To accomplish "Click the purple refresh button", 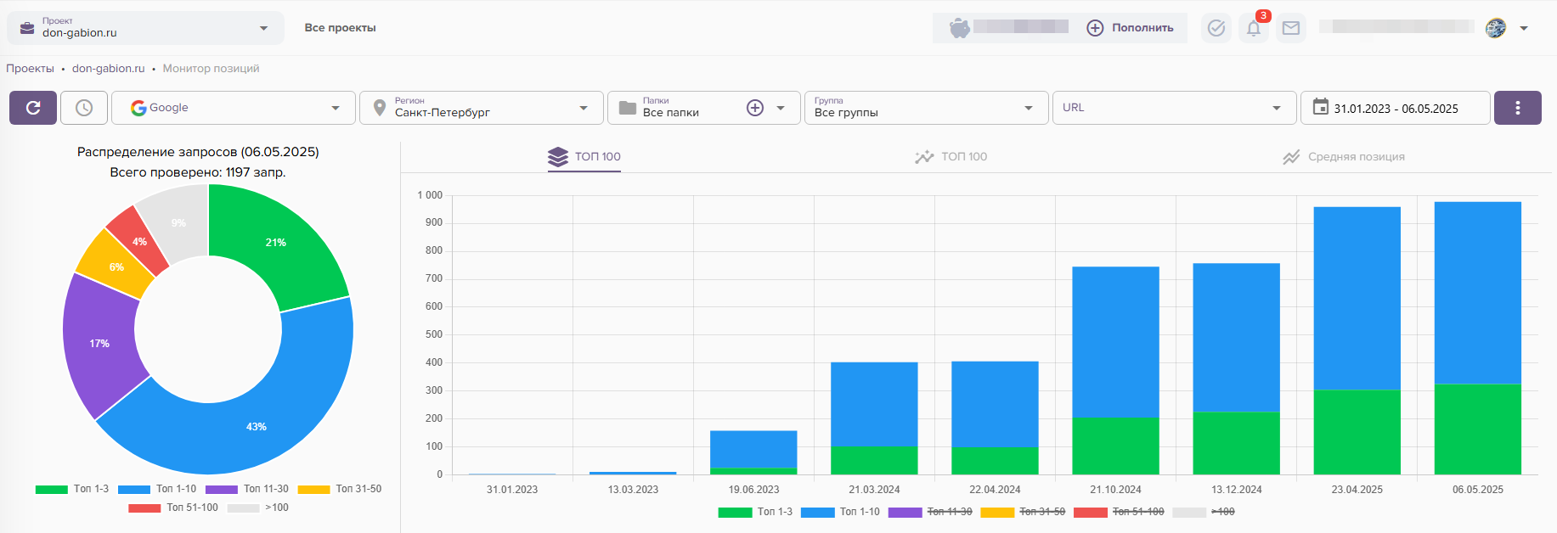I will (x=33, y=108).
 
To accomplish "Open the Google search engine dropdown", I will (x=234, y=108).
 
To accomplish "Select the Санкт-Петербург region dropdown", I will (x=482, y=108).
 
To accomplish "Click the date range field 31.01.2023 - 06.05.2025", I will (x=1395, y=108).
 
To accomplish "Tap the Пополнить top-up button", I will (x=1131, y=28).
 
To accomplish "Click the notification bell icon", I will (x=1254, y=28).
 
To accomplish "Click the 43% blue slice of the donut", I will (x=257, y=426).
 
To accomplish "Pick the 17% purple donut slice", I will (x=100, y=344).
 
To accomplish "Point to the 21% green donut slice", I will (x=276, y=243).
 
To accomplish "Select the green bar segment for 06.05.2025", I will (x=1477, y=429).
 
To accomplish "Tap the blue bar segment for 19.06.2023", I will (x=753, y=449).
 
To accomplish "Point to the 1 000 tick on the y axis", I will (x=430, y=195).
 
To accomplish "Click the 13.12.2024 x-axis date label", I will (x=1236, y=490).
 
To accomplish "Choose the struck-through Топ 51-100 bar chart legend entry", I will (x=1120, y=512).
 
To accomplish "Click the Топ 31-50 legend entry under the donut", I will (x=341, y=489).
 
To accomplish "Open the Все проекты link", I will (x=340, y=28).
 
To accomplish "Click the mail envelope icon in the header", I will (x=1291, y=28).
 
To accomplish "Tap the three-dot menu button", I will (x=1517, y=108).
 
